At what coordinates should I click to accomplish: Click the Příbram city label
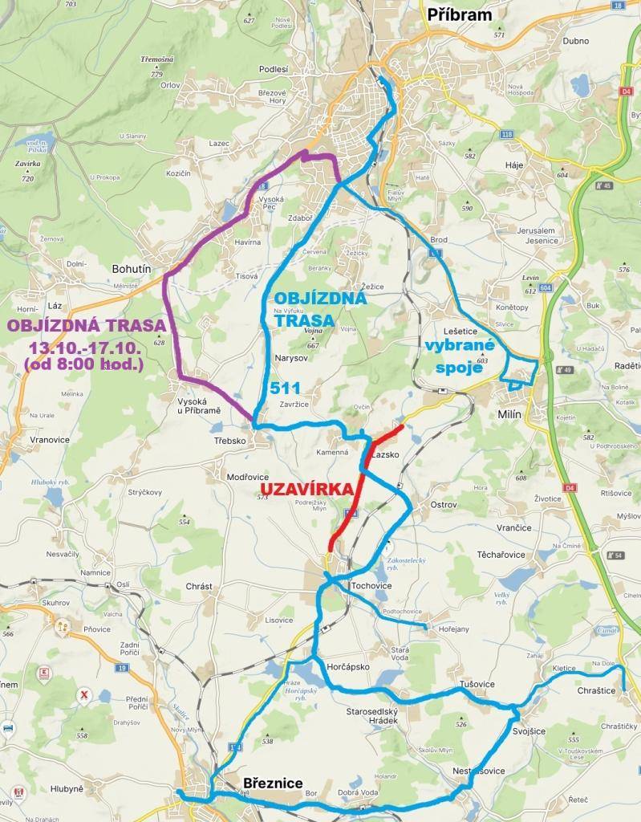[x=460, y=14]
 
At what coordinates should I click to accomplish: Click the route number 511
[x=285, y=388]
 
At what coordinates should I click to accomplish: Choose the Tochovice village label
[x=371, y=587]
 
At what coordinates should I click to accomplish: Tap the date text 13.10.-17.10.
[x=85, y=347]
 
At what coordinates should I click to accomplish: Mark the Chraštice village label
[x=596, y=690]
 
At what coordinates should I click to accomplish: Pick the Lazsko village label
[x=386, y=454]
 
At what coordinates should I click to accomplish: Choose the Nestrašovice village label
[x=479, y=771]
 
